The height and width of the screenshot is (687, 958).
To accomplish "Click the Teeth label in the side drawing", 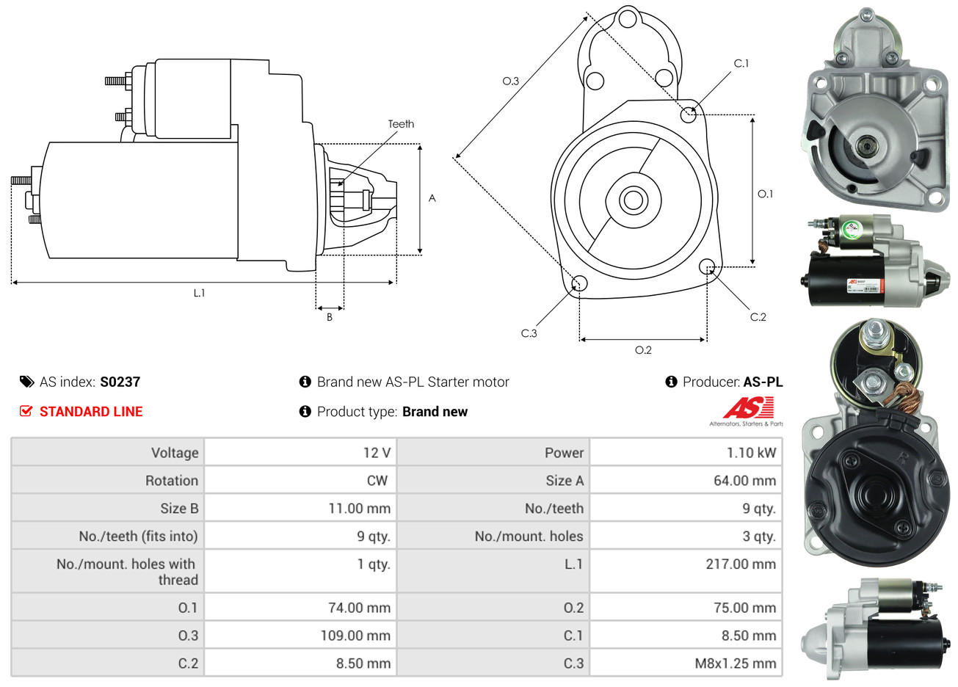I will [401, 124].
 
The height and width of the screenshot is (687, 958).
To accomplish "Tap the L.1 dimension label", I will [199, 293].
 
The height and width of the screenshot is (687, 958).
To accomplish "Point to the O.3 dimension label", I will [510, 81].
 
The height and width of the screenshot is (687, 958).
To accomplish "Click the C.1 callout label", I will [741, 63].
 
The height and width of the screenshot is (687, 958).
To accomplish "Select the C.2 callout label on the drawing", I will [758, 317].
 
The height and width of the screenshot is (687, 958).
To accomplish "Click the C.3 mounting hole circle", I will [579, 283].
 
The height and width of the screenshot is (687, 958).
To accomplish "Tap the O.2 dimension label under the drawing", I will [643, 350].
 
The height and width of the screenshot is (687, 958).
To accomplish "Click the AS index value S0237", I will [120, 382].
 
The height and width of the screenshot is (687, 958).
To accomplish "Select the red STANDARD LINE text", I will [91, 412].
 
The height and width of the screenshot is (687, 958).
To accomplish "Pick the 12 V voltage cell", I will [377, 453].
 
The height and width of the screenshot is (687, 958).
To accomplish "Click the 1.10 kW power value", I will [751, 453].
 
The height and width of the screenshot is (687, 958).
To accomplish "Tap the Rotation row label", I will [172, 481].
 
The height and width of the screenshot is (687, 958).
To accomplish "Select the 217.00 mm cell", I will [741, 564].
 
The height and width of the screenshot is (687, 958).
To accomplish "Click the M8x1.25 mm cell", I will [735, 664].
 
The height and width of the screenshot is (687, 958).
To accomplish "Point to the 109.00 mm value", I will [355, 636].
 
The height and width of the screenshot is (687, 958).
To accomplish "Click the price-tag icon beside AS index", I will [26, 382].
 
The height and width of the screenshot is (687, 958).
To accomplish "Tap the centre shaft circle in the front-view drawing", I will [631, 200].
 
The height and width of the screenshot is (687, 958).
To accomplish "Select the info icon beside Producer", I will [671, 382].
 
